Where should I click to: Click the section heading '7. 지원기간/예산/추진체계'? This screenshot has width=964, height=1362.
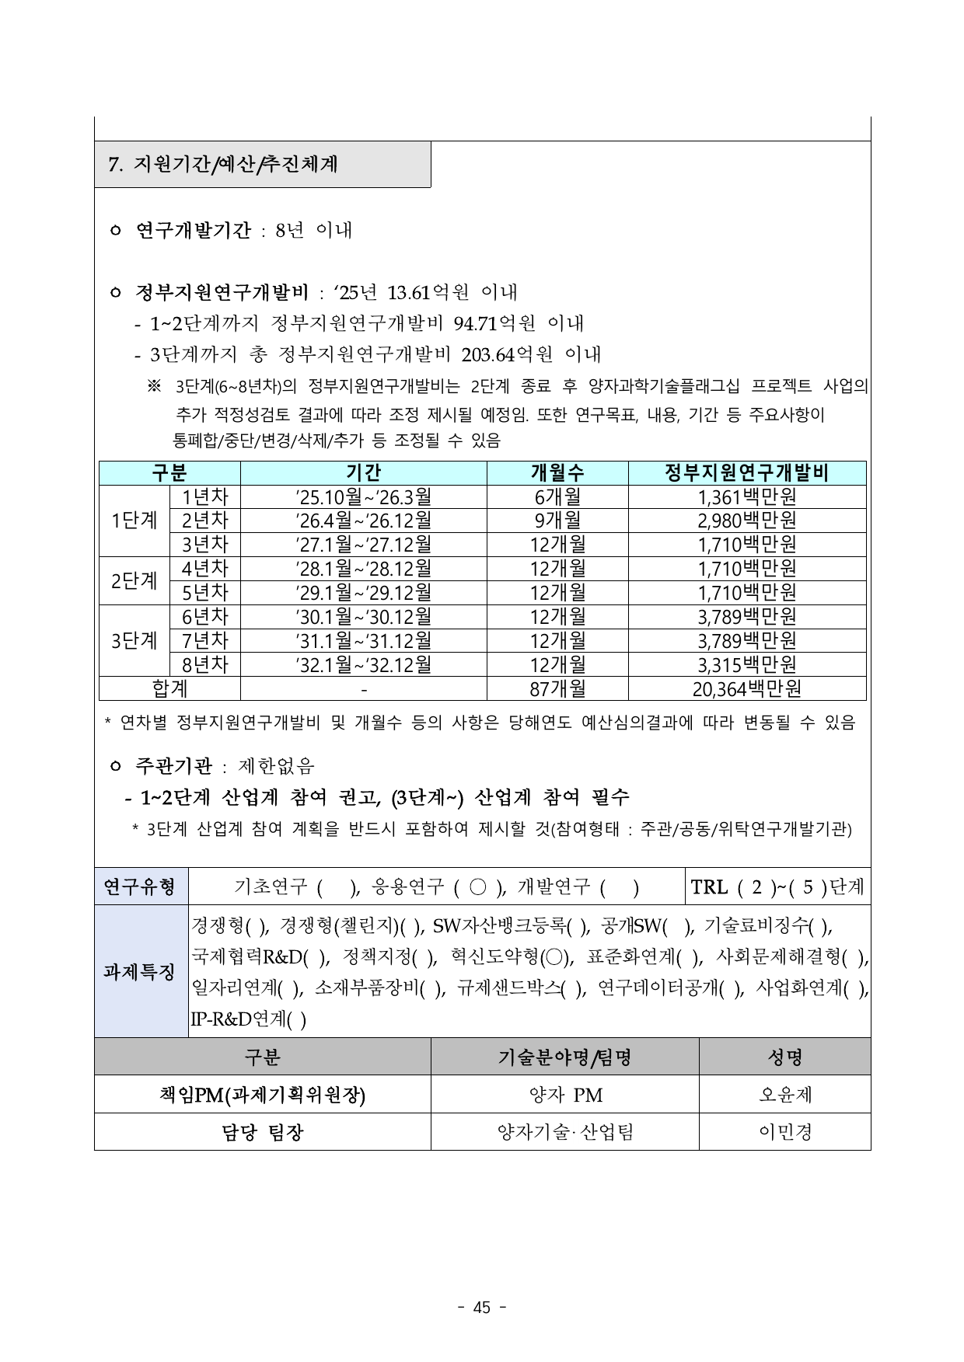[223, 165]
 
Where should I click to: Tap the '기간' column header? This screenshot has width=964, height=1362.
[363, 473]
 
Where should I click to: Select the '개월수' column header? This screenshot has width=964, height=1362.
[557, 473]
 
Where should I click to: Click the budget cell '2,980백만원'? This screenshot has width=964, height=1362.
[746, 521]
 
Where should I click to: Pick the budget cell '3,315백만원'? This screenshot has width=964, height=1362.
[746, 665]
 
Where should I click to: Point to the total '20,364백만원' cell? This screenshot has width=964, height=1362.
[746, 689]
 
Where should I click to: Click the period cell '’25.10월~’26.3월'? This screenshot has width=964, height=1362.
[363, 496]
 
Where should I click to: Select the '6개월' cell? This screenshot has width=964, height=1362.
[557, 496]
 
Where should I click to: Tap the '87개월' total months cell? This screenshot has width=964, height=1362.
[557, 689]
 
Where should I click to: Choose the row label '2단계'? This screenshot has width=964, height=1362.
[134, 580]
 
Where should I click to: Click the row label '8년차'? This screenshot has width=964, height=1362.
[204, 665]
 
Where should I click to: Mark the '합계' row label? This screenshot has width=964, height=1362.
[169, 689]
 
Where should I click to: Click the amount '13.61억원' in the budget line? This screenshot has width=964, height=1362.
[428, 293]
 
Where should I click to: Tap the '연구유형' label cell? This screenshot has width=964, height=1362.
[141, 887]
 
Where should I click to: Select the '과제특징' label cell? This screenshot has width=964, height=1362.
[141, 972]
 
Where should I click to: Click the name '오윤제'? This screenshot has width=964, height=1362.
[785, 1095]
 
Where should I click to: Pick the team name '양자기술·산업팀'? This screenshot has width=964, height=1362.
[565, 1132]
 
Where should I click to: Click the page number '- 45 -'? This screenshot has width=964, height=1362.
[482, 1308]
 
